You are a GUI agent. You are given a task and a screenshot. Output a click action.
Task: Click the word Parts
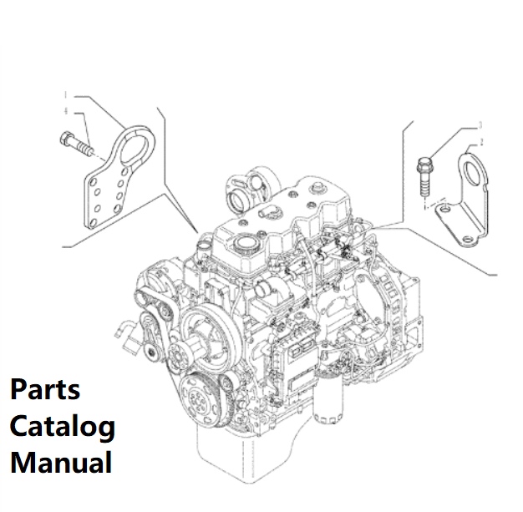(x=45, y=389)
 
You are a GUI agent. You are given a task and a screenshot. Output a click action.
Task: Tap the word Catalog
(x=62, y=426)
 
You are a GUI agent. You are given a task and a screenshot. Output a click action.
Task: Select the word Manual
(x=60, y=462)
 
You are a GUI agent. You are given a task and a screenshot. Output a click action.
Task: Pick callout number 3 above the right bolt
(x=480, y=126)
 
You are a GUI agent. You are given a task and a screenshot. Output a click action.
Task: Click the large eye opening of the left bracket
(x=134, y=150)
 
